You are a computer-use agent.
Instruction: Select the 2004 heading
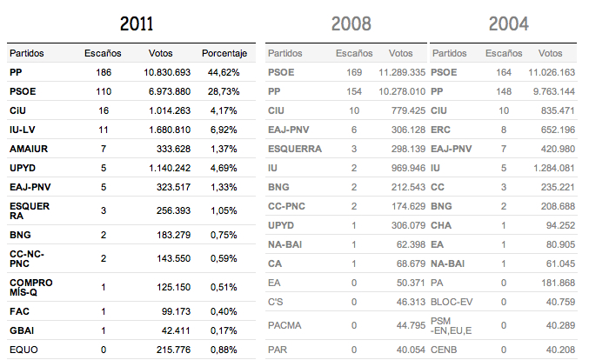(508, 23)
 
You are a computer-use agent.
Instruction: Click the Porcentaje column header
(225, 53)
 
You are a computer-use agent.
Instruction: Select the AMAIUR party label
(29, 149)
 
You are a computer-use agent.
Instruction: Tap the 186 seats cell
(104, 72)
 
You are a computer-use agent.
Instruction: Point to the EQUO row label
(24, 349)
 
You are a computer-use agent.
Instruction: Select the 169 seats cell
(354, 72)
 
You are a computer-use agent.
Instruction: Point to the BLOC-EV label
(452, 301)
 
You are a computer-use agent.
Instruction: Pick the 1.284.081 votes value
(555, 167)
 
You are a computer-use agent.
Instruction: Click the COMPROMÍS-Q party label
(30, 287)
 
